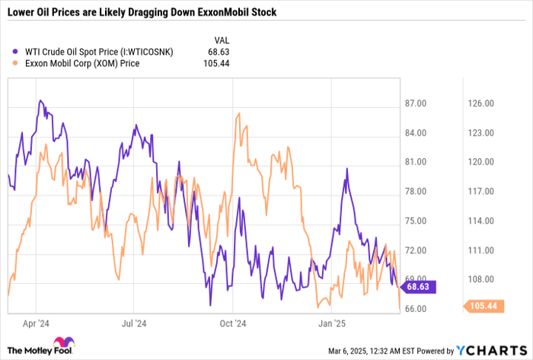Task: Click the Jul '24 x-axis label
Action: [133, 322]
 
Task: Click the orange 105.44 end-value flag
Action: [479, 306]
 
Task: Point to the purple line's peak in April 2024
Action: [41, 100]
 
